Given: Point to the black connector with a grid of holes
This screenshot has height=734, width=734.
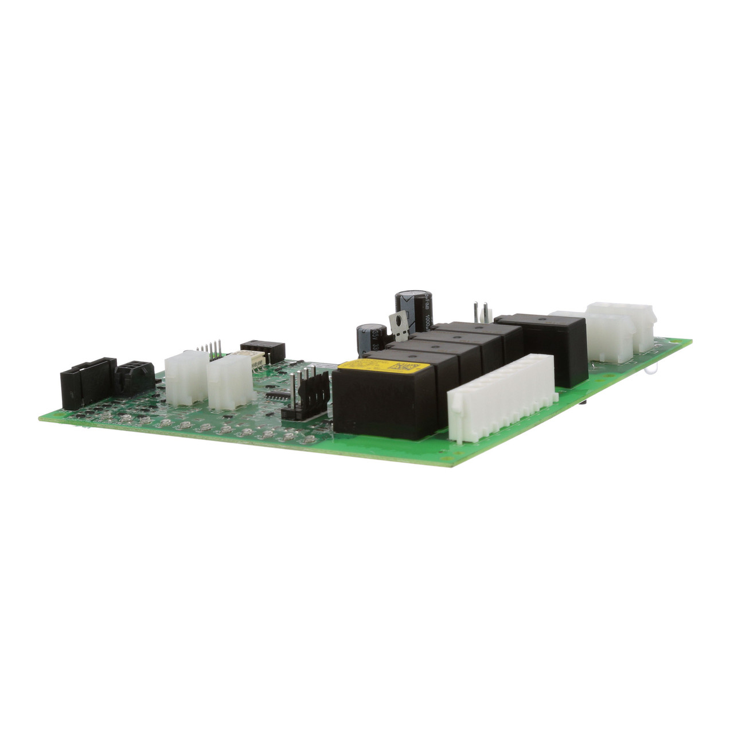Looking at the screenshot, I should coord(134,376).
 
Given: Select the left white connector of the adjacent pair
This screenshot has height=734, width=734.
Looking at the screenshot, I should coord(186,377).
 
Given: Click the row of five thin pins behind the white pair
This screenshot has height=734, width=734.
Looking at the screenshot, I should coord(210,350).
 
